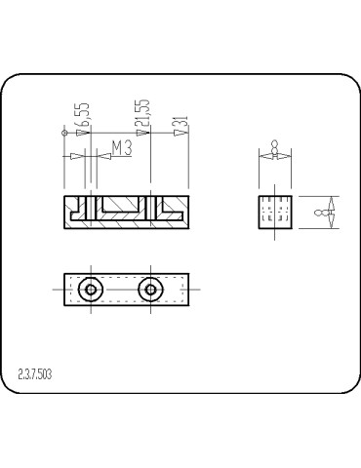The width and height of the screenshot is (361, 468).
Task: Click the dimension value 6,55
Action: pyautogui.click(x=86, y=116)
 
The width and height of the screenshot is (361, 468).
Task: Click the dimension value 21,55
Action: pyautogui.click(x=144, y=114)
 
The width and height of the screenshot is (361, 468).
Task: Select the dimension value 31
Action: pyautogui.click(x=182, y=124)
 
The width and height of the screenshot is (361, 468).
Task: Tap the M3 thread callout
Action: pyautogui.click(x=122, y=148)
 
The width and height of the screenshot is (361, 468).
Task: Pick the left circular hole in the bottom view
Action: pyautogui.click(x=91, y=289)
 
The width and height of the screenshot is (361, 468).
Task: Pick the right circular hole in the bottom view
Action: pyautogui.click(x=150, y=289)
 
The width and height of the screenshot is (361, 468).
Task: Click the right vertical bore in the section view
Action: pyautogui.click(x=150, y=208)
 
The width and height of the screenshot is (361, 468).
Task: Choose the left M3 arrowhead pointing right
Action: pyautogui.click(x=78, y=155)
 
